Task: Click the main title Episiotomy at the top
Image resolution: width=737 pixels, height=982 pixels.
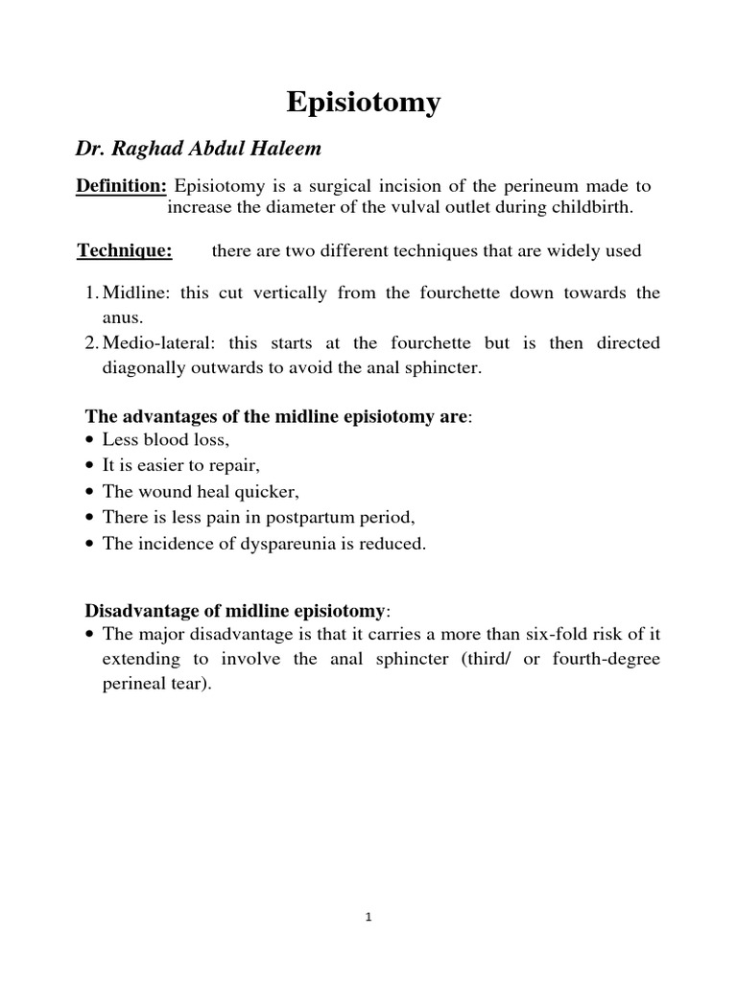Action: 365,102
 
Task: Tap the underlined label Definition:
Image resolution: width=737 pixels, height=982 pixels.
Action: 122,185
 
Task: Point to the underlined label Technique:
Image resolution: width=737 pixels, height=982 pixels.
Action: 125,251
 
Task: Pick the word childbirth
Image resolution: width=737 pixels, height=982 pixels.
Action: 587,208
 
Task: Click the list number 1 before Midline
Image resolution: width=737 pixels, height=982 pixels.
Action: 90,293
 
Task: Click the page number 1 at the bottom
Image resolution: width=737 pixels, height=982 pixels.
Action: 368,917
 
